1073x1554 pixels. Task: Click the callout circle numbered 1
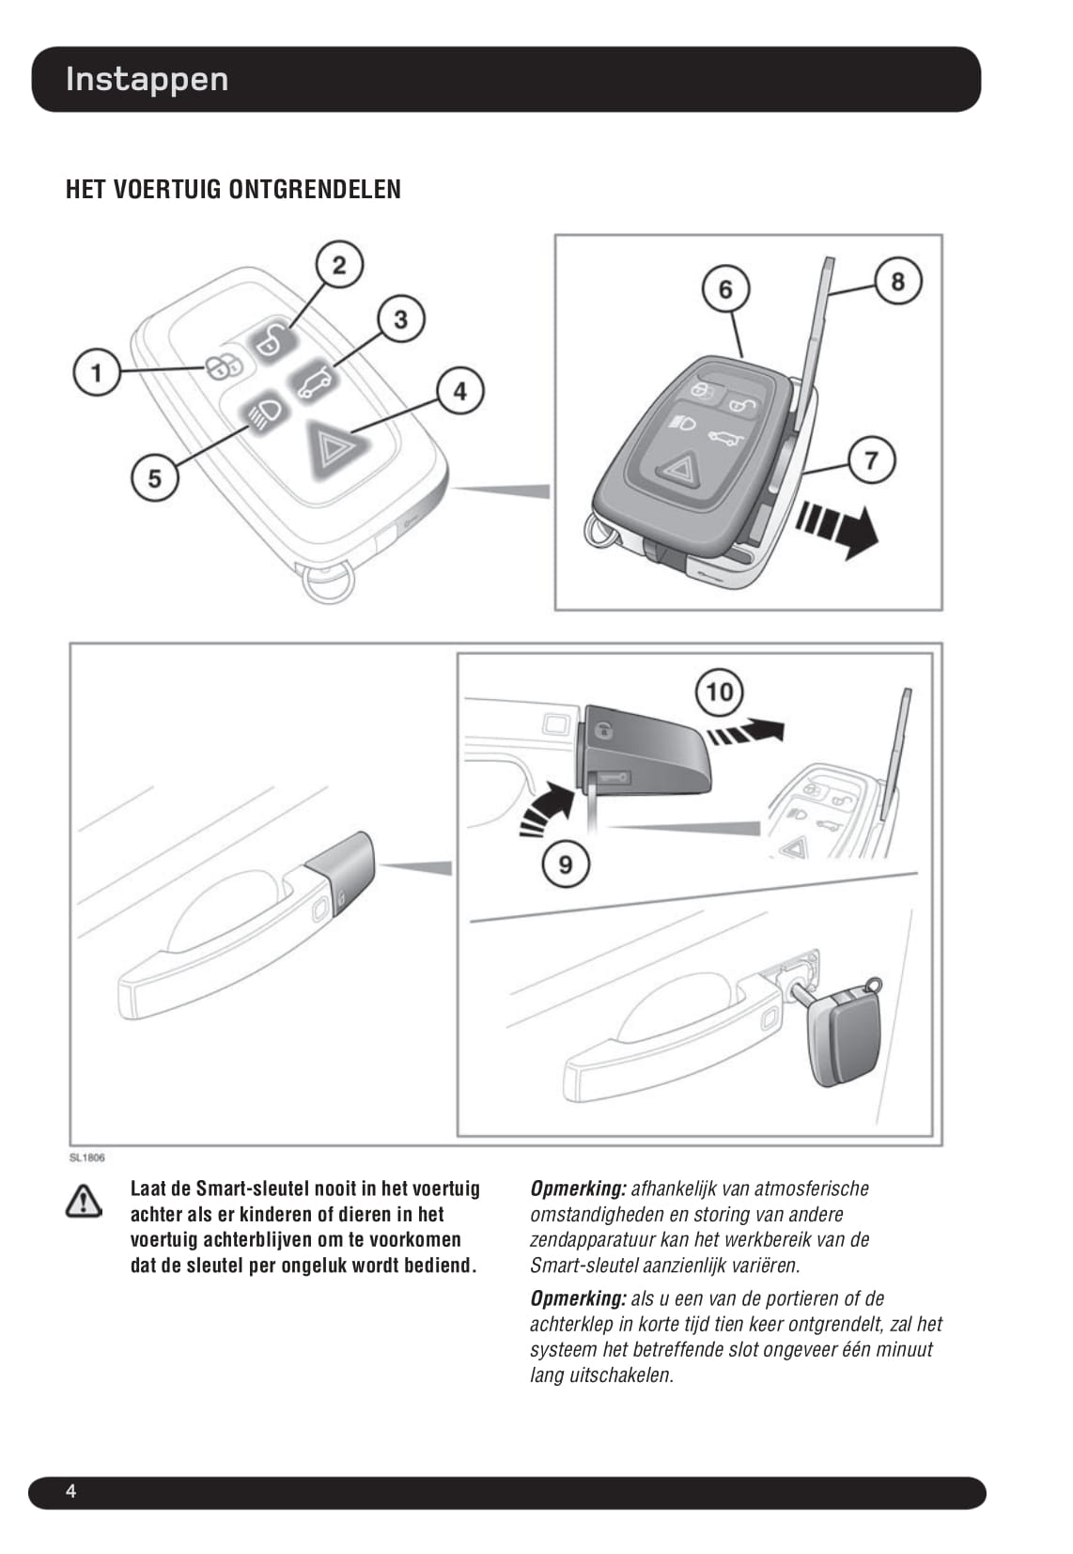click(97, 373)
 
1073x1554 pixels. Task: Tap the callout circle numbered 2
click(339, 264)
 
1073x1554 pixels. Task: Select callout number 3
click(401, 319)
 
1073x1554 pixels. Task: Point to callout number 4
click(459, 391)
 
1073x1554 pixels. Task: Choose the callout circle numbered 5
click(155, 478)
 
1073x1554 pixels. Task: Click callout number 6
click(725, 288)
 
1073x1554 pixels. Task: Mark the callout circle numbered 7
click(872, 460)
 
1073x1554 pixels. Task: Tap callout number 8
click(898, 281)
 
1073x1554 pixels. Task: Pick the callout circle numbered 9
click(566, 864)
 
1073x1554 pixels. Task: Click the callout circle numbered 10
click(720, 692)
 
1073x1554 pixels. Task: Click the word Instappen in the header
click(147, 80)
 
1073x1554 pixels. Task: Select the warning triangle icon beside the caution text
click(84, 1202)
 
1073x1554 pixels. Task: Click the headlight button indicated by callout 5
click(262, 413)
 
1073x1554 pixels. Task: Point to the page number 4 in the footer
click(70, 1491)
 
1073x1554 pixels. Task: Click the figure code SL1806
click(87, 1158)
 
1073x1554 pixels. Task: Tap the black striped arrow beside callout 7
click(837, 529)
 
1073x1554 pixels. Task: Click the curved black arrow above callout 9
click(547, 808)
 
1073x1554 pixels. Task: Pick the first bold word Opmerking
click(579, 1189)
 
